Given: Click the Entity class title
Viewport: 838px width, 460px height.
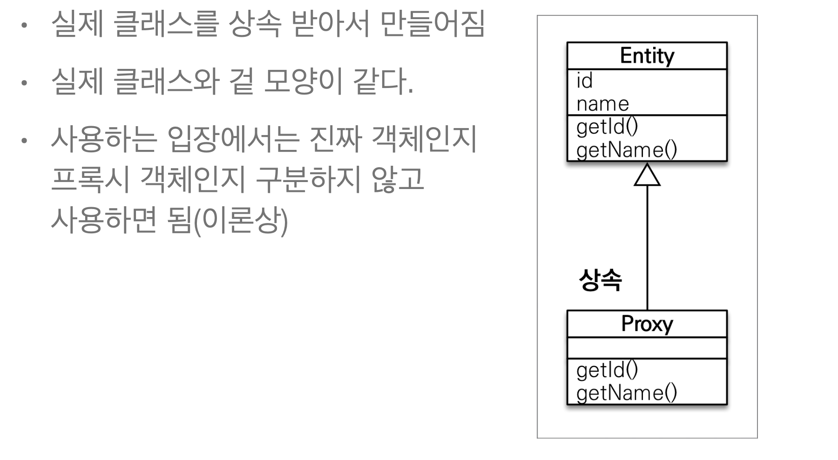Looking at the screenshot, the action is tap(647, 56).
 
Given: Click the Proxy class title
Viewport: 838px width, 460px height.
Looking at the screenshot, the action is tap(647, 324).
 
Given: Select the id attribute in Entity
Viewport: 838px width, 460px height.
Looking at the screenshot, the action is tap(585, 81).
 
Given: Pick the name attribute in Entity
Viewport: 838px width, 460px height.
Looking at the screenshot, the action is tap(602, 104).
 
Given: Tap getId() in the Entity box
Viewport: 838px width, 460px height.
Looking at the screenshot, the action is tap(607, 127).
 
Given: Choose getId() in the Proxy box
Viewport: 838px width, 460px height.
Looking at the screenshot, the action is tap(607, 370).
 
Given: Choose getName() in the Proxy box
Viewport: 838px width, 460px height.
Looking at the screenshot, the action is tap(626, 393).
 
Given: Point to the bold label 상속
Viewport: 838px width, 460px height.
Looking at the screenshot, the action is tap(600, 280).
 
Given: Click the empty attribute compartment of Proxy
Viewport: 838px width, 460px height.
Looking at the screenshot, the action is tap(647, 348).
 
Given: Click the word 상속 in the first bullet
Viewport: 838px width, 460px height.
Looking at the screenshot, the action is tap(255, 23).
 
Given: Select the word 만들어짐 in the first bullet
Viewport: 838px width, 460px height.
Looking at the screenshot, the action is tap(433, 23).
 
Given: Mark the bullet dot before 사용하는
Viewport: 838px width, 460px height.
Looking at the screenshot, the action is tap(24, 140).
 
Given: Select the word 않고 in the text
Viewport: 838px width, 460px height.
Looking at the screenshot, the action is tap(398, 179).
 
